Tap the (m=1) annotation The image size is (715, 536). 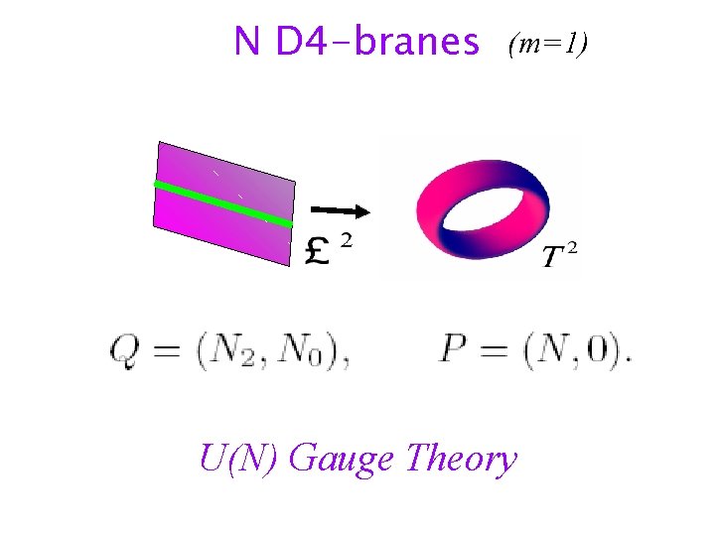pos(548,44)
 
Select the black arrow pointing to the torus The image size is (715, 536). pos(340,210)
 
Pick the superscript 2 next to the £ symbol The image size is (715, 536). pos(346,239)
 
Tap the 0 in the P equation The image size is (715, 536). pos(603,351)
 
